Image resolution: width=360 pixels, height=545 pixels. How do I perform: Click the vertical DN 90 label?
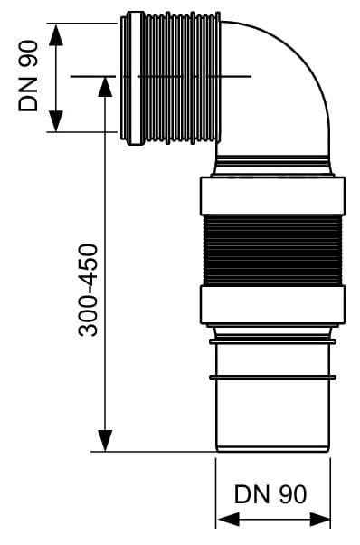[x=28, y=76]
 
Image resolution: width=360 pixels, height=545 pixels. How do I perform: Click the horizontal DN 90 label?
[x=270, y=494]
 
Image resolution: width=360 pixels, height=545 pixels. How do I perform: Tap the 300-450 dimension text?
[x=88, y=290]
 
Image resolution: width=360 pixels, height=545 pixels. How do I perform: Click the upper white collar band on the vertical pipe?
[x=272, y=196]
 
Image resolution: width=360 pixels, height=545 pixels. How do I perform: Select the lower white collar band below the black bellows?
[x=272, y=305]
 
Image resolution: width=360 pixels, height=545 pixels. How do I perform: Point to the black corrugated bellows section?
[x=272, y=250]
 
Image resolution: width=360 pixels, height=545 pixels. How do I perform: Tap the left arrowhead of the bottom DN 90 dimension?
[x=228, y=520]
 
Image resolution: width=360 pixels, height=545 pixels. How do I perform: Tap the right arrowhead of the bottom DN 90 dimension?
[x=319, y=520]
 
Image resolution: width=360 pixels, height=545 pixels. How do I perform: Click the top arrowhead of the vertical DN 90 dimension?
[x=56, y=34]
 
